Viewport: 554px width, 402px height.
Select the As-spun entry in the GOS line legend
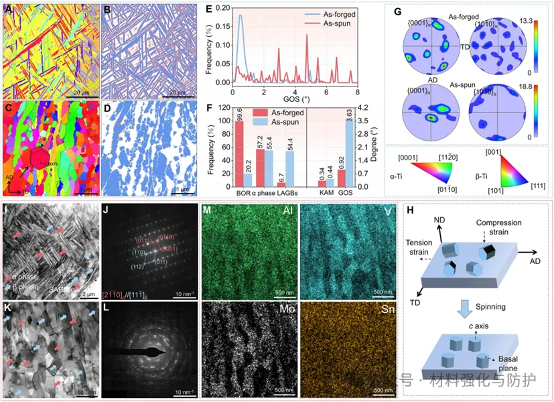pyautogui.click(x=338, y=22)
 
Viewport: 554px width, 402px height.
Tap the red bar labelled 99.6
pyautogui.click(x=239, y=153)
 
